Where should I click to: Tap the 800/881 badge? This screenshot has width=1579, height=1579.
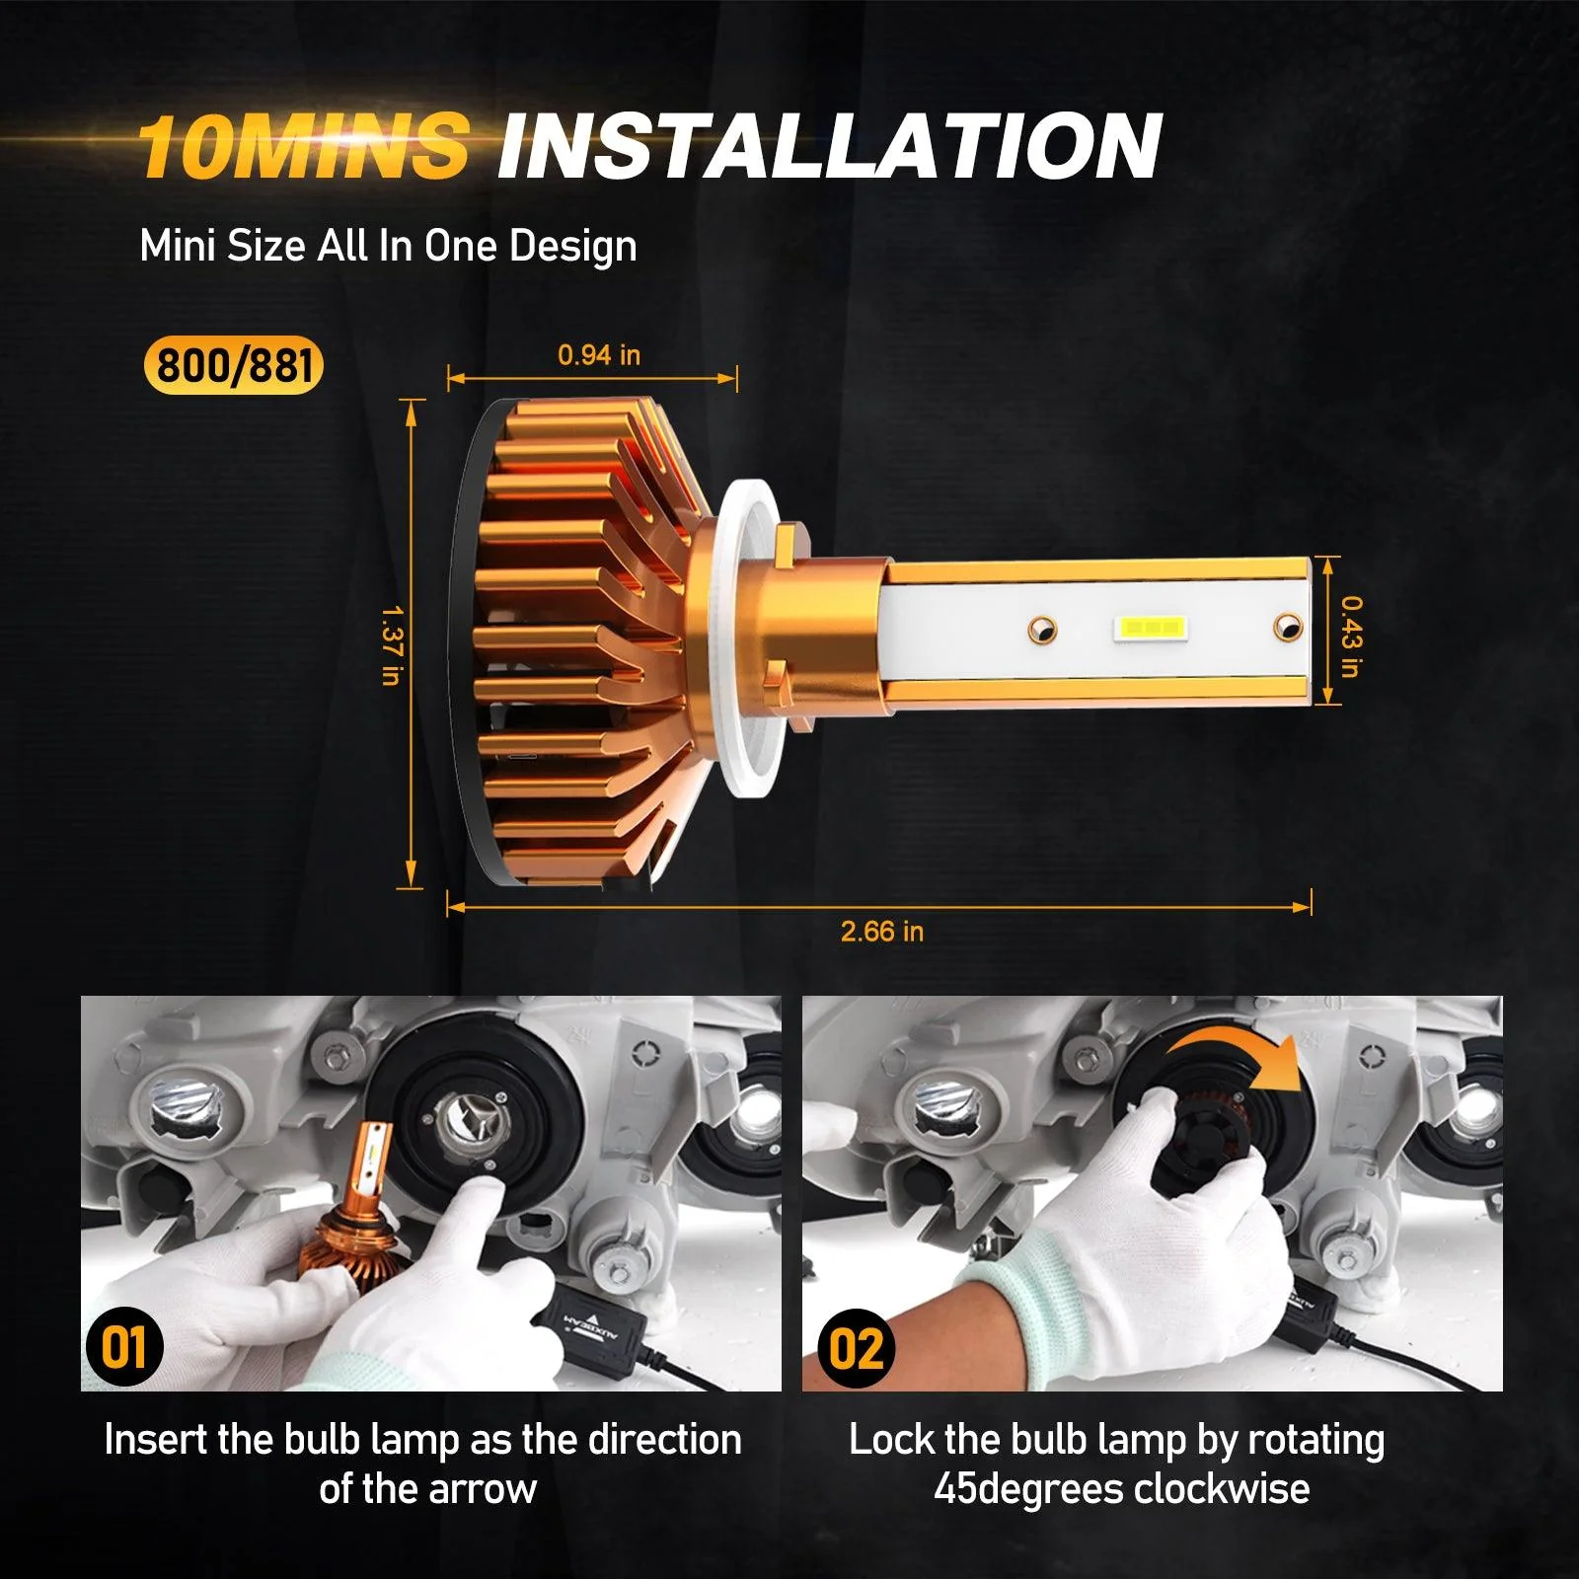click(x=234, y=366)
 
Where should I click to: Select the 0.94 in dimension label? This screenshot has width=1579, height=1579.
click(x=598, y=355)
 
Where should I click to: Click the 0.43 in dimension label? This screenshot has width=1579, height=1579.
click(x=1351, y=636)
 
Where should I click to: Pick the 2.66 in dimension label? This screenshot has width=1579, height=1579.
click(x=881, y=932)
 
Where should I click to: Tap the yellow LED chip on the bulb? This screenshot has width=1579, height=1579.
click(x=1151, y=628)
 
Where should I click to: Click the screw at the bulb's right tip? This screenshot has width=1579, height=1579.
click(x=1287, y=625)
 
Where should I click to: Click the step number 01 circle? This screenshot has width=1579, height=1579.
click(x=124, y=1347)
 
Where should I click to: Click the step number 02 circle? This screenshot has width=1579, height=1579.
click(x=856, y=1348)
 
